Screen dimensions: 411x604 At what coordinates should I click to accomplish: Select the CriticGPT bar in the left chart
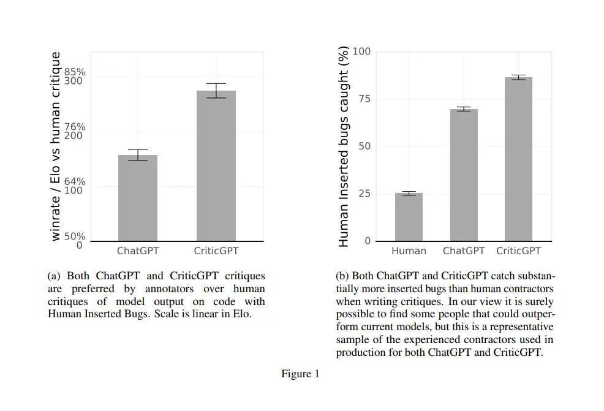point(216,165)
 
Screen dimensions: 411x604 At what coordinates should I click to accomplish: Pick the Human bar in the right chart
point(409,217)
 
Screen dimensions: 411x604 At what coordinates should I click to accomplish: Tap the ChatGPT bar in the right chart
point(464,175)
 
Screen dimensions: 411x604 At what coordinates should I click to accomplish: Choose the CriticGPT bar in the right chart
point(518,159)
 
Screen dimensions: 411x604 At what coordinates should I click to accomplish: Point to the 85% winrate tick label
point(75,72)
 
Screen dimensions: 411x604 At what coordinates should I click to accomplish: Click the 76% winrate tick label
point(75,127)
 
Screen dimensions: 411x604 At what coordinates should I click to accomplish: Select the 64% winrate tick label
point(75,182)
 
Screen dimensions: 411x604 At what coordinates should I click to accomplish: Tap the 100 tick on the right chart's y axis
point(362,51)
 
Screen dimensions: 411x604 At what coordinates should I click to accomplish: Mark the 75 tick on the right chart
point(364,99)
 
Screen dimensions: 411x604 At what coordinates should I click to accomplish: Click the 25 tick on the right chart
point(364,194)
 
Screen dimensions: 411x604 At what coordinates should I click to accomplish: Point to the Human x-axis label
point(409,251)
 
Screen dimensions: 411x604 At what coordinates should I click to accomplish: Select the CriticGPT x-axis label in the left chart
point(216,251)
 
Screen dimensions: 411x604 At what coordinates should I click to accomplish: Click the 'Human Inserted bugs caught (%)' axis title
point(344,146)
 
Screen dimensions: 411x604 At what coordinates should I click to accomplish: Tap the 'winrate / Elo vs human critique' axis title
point(56,146)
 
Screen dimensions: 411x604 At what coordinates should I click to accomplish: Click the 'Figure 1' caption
point(300,374)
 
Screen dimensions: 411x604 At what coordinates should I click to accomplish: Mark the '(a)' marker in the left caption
point(54,276)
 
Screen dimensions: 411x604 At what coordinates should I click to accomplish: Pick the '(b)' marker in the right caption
point(342,276)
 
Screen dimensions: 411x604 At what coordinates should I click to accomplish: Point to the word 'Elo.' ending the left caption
point(241,314)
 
